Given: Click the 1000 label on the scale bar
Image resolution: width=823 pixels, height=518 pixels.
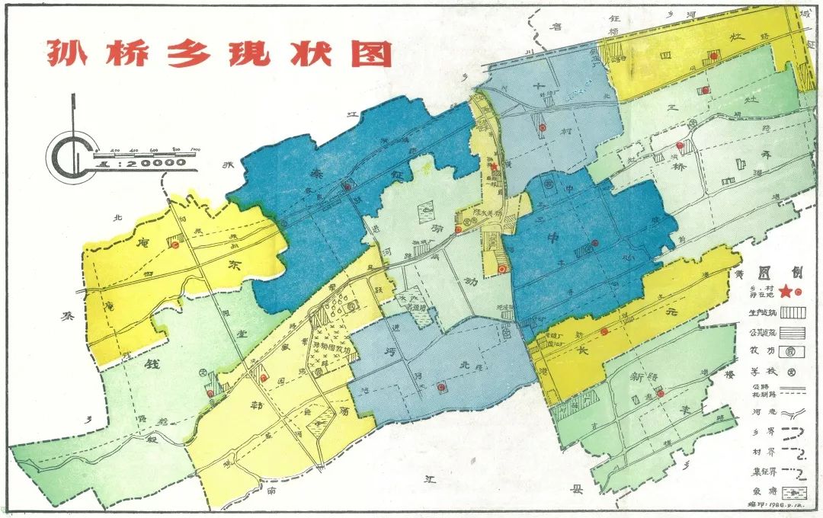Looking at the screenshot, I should tap(194, 149).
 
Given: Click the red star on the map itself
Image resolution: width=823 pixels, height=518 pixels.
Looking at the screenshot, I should tap(494, 166).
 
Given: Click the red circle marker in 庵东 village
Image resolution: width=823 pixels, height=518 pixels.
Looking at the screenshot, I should tap(174, 245).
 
